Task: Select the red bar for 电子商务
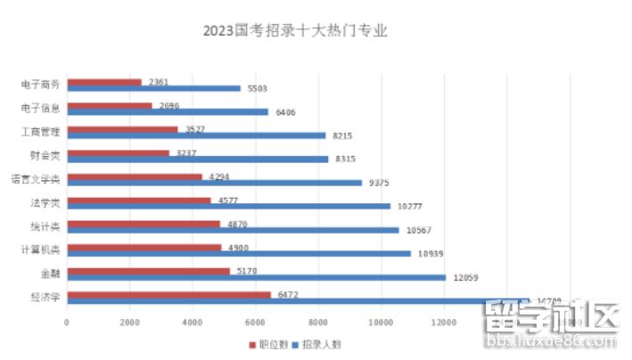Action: pos(104,82)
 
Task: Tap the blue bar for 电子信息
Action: pos(168,112)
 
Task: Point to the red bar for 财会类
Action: pos(118,152)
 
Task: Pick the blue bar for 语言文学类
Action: pos(215,183)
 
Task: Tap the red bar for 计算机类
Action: pos(144,247)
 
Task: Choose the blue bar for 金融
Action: pos(256,277)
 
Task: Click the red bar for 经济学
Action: pos(168,294)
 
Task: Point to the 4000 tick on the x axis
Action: pos(193,322)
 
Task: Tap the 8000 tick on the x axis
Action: pos(318,322)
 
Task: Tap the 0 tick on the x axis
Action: pos(67,322)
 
